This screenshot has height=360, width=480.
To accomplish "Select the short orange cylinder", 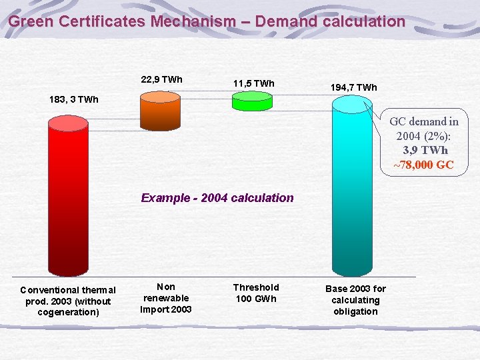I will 160,107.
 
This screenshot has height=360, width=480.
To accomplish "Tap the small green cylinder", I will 252,101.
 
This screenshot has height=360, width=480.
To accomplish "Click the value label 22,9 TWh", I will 162,79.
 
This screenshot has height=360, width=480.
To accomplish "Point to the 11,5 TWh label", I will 253,83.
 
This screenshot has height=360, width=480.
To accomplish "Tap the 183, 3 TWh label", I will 73,99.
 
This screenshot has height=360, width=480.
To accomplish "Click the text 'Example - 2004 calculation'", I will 217,198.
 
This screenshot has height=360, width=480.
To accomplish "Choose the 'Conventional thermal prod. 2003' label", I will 68,301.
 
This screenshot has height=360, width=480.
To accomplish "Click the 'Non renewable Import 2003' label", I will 165,298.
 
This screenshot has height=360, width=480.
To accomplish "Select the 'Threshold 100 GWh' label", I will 256,293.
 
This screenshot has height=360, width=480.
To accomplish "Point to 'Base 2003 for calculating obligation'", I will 355,300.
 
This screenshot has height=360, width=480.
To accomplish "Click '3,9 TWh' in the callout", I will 425,151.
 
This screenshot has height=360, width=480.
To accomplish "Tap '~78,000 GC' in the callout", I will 423,165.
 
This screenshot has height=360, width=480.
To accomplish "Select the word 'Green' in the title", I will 31,21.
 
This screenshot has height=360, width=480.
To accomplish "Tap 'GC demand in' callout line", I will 424,121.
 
